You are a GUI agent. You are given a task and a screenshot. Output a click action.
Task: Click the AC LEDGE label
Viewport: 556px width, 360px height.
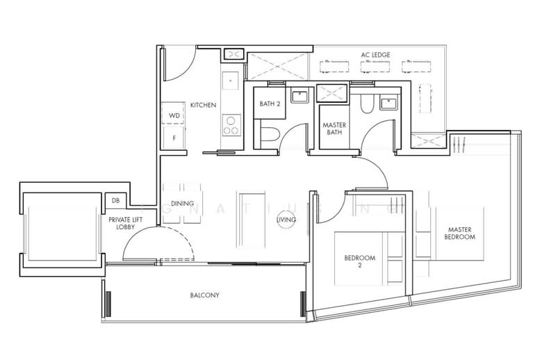[x=375, y=54]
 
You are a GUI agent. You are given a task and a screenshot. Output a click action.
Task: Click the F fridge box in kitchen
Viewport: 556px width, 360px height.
[x=174, y=138]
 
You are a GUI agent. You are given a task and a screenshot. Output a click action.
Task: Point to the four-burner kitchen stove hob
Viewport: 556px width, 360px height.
[x=231, y=125]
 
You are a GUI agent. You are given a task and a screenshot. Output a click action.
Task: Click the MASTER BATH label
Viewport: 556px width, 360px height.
[x=334, y=130]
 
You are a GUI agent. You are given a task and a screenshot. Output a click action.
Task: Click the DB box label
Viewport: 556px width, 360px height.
[x=115, y=202]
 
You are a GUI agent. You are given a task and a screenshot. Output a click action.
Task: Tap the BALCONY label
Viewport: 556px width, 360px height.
[x=204, y=295]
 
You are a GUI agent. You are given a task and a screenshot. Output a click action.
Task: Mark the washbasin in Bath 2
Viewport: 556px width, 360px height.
[x=301, y=97]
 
